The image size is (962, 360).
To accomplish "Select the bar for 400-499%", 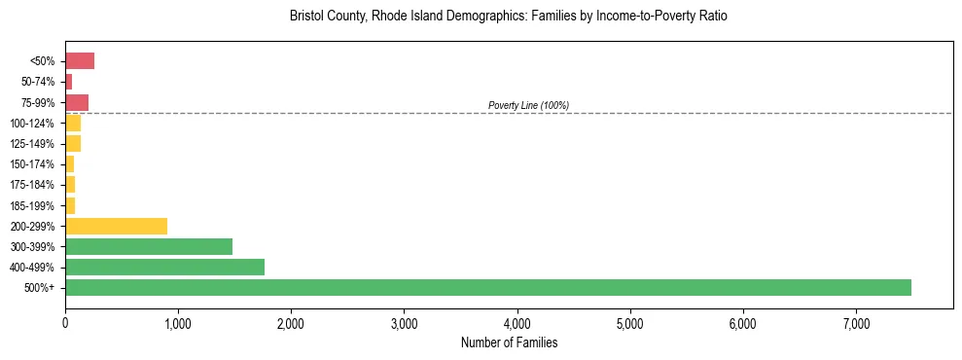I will pyautogui.click(x=164, y=267).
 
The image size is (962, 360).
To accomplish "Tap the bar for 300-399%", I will pyautogui.click(x=149, y=246).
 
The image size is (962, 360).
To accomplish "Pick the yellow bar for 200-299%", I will pyautogui.click(x=116, y=226).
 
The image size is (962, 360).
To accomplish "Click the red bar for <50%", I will pyautogui.click(x=80, y=61).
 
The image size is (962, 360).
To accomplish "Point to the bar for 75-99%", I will pyautogui.click(x=77, y=102).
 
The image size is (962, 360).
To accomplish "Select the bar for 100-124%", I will pyautogui.click(x=73, y=123).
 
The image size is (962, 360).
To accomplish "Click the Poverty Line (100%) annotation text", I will pyautogui.click(x=528, y=105).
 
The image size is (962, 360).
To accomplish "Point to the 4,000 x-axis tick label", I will pyautogui.click(x=517, y=324).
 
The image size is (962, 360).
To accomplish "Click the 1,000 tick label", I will pyautogui.click(x=178, y=324).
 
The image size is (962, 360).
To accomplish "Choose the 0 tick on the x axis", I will pyautogui.click(x=65, y=324).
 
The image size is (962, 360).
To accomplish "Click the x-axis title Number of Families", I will pyautogui.click(x=509, y=343).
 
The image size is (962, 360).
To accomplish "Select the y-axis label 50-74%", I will pyautogui.click(x=39, y=82).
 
